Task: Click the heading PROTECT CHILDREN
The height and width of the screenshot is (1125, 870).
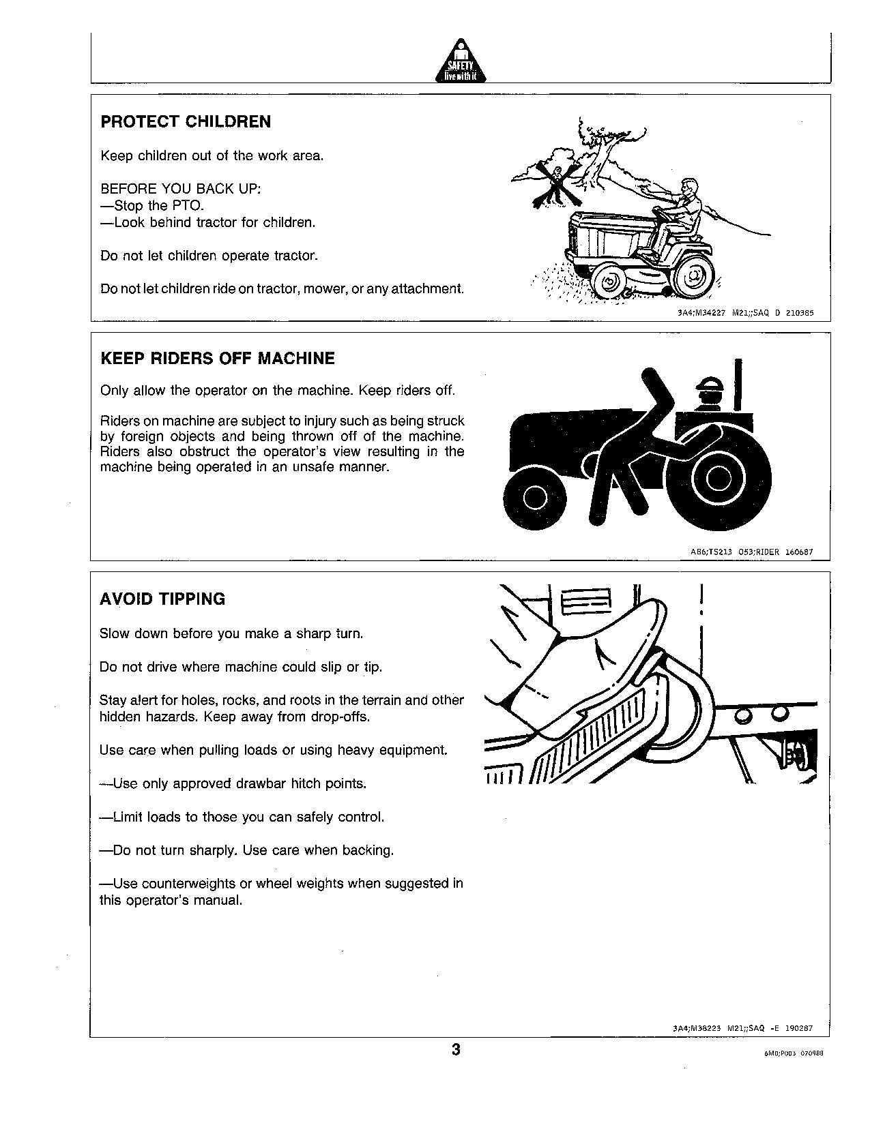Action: pos(186,122)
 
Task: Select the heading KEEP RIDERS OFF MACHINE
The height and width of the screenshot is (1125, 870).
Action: pos(218,359)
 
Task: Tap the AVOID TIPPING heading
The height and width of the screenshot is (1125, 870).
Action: pos(162,599)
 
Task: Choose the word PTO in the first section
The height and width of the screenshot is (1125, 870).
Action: pos(190,206)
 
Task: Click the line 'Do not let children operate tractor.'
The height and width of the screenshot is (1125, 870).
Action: pos(209,256)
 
